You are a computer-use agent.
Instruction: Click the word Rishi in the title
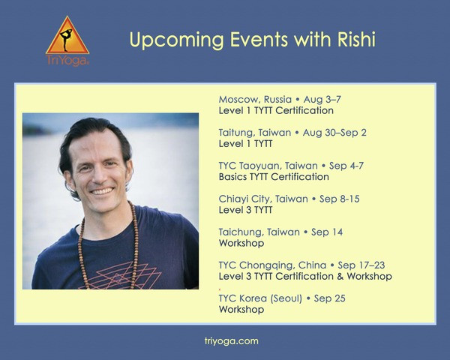[356, 39]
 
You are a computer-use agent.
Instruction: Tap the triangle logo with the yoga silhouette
[67, 35]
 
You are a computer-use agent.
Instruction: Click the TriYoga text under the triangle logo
[67, 61]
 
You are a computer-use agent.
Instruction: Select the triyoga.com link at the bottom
[231, 341]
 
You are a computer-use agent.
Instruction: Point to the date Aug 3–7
[322, 99]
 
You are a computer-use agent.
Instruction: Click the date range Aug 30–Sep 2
[334, 133]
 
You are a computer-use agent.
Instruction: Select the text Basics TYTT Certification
[274, 177]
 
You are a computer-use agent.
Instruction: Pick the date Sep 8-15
[340, 199]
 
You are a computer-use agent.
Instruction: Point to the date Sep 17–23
[361, 265]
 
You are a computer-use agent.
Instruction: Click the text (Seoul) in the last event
[286, 298]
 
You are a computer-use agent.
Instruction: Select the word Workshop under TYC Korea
[241, 310]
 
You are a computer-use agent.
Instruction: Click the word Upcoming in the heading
[177, 40]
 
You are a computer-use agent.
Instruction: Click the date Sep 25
[330, 298]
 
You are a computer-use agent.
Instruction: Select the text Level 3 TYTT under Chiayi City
[245, 210]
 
